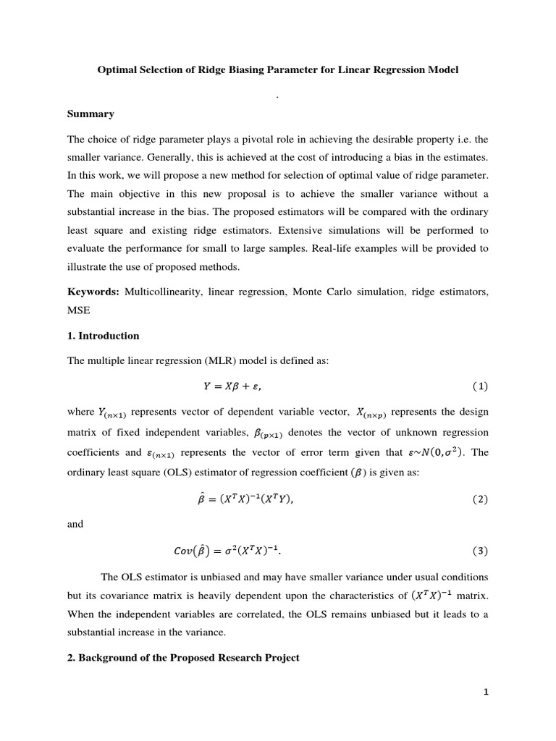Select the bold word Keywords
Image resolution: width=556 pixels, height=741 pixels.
click(x=93, y=292)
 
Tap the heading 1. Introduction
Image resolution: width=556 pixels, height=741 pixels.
click(x=103, y=336)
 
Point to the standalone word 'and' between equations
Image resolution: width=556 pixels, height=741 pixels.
click(x=75, y=525)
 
